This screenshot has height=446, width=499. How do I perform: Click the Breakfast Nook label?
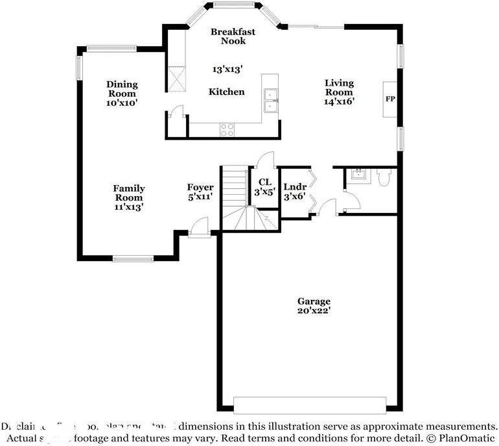click(233, 36)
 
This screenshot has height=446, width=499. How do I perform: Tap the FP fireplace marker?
click(390, 99)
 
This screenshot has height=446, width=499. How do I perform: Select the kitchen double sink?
click(271, 100)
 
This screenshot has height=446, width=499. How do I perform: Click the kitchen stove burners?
click(227, 129)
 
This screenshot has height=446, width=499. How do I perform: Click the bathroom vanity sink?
click(357, 174)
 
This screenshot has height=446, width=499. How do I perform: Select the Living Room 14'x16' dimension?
click(339, 101)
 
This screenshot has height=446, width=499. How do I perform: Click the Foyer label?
click(200, 188)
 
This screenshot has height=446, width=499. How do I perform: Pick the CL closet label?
click(264, 182)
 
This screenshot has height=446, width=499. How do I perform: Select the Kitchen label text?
click(226, 92)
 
